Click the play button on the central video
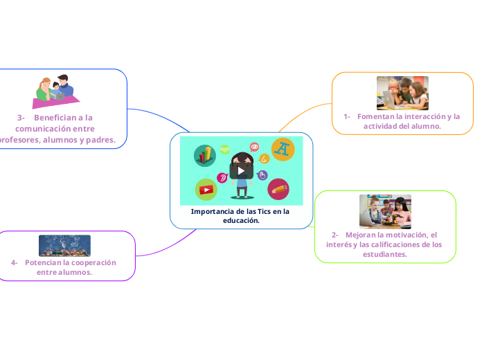click(241, 170)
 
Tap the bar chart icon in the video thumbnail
click(205, 155)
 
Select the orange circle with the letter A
click(283, 149)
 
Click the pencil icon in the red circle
click(278, 188)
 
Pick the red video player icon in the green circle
click(206, 189)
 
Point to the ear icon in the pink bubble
click(223, 178)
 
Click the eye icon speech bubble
click(254, 147)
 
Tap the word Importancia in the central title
click(212, 211)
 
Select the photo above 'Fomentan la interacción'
click(402, 93)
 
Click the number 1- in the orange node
click(346, 116)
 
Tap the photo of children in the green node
click(385, 211)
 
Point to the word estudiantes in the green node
click(384, 254)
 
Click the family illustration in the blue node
click(54, 92)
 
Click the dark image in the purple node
click(64, 245)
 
